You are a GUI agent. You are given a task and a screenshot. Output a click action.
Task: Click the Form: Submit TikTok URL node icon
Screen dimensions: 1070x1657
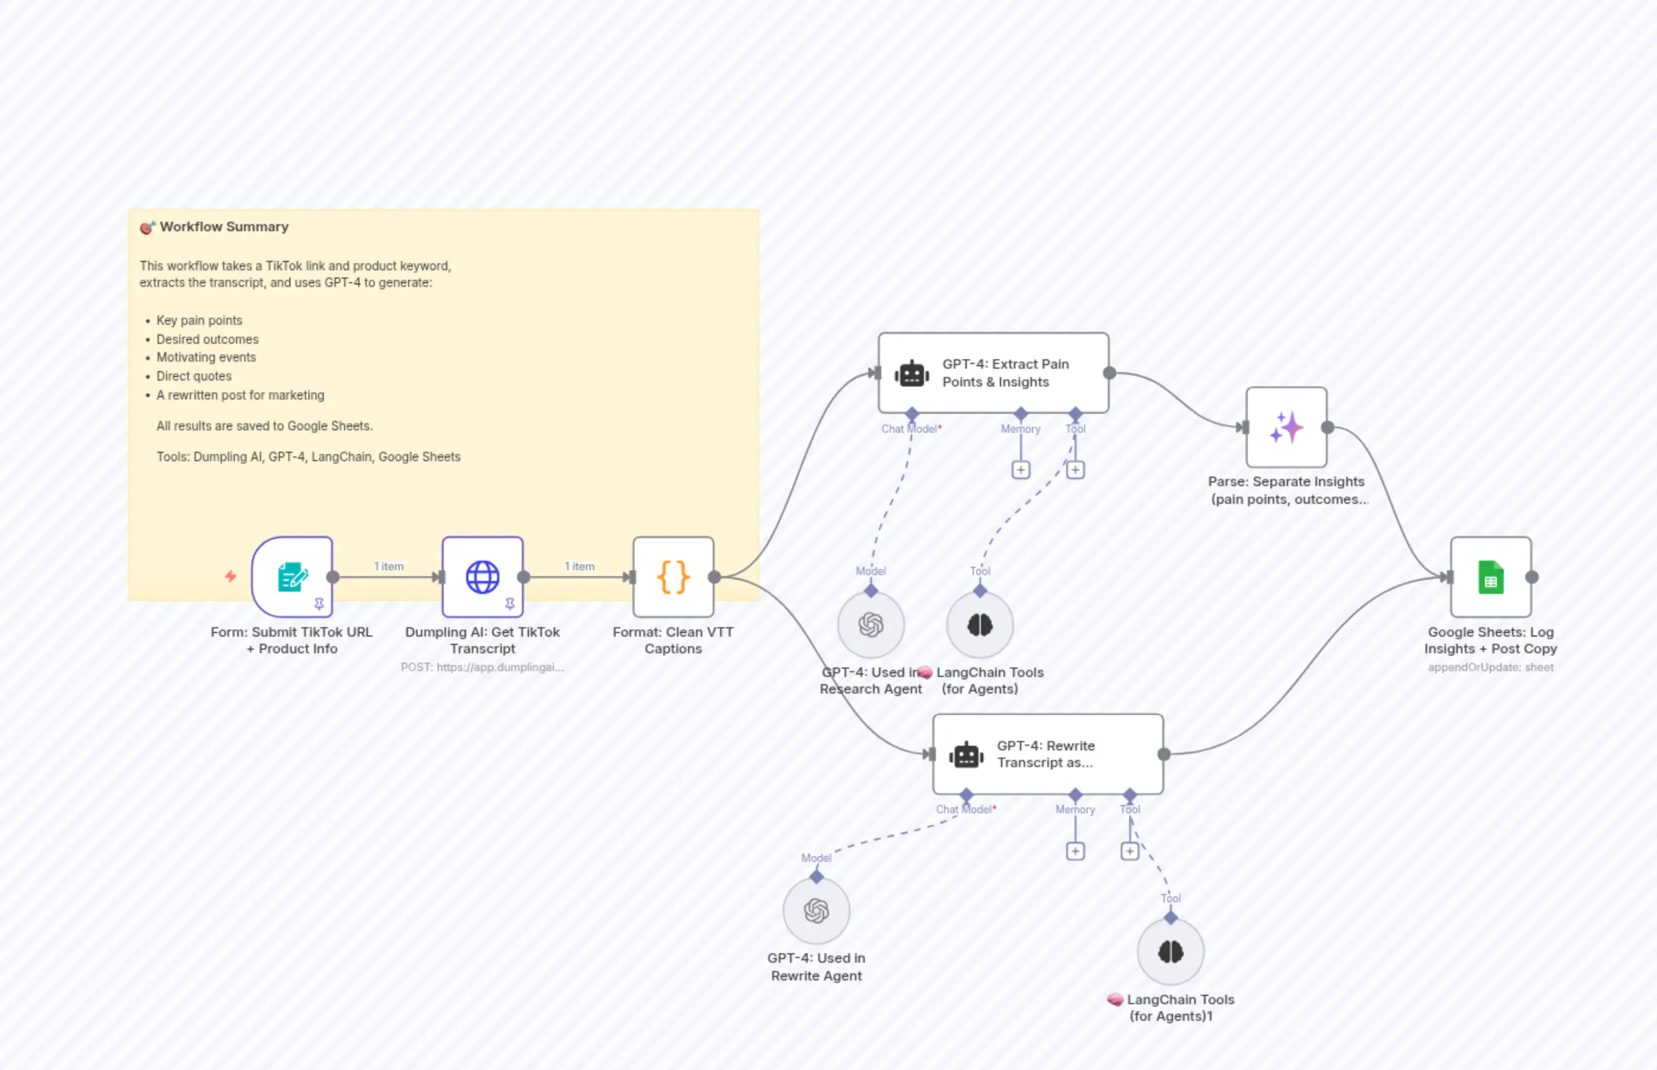pos(292,577)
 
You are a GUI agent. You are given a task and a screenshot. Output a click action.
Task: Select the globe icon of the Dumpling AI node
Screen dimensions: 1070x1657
pos(482,577)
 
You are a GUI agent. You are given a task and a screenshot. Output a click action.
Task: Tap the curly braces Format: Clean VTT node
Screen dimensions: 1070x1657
pos(673,577)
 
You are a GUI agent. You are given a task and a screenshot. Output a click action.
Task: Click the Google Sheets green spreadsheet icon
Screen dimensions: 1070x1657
pos(1490,577)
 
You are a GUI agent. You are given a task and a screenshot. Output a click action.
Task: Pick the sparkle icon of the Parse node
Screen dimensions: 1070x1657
pos(1286,427)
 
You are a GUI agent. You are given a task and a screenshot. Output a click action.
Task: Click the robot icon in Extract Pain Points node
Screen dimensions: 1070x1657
pos(911,374)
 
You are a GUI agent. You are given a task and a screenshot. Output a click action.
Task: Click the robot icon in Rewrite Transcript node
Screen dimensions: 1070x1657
pos(966,755)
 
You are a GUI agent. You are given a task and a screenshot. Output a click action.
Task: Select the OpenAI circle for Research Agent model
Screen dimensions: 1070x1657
pos(870,625)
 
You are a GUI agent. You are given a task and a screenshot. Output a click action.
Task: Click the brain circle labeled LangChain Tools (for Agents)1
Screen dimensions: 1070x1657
pos(1171,952)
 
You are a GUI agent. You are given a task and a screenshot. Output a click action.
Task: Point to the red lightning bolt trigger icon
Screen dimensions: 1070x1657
pos(231,576)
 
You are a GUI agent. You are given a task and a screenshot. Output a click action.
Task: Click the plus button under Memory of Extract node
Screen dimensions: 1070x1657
pos(1020,470)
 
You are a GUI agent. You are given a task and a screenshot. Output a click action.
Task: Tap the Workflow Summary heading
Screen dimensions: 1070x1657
pos(224,226)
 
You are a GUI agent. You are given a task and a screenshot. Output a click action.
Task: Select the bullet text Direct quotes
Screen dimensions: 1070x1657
pos(194,376)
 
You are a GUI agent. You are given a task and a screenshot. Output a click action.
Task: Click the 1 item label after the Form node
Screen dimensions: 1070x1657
pos(388,566)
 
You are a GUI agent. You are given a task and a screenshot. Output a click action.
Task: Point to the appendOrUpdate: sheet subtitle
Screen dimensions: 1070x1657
pos(1490,667)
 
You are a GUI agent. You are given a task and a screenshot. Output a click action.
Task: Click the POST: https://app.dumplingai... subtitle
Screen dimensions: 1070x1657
pos(482,667)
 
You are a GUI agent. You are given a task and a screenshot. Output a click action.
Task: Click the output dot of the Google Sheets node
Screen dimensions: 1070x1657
pos(1532,577)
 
